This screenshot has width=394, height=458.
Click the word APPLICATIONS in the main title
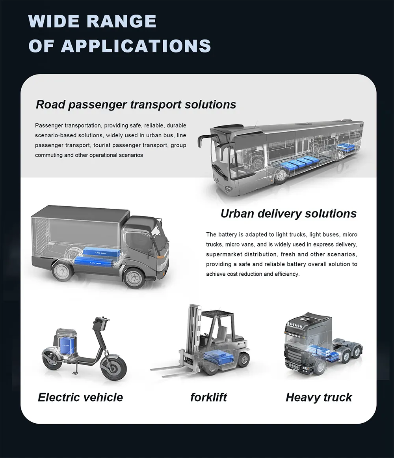point(136,46)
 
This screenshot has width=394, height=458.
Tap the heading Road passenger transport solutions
point(136,105)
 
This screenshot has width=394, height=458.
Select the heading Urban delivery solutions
point(288,213)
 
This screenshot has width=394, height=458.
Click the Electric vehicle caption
point(80,397)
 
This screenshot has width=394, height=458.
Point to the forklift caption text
point(208,397)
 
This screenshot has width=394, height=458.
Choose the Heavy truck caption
point(319,398)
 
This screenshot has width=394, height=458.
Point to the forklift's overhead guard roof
point(218,314)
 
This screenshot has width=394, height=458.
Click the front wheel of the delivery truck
point(134,277)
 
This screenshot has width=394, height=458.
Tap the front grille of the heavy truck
point(295,351)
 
